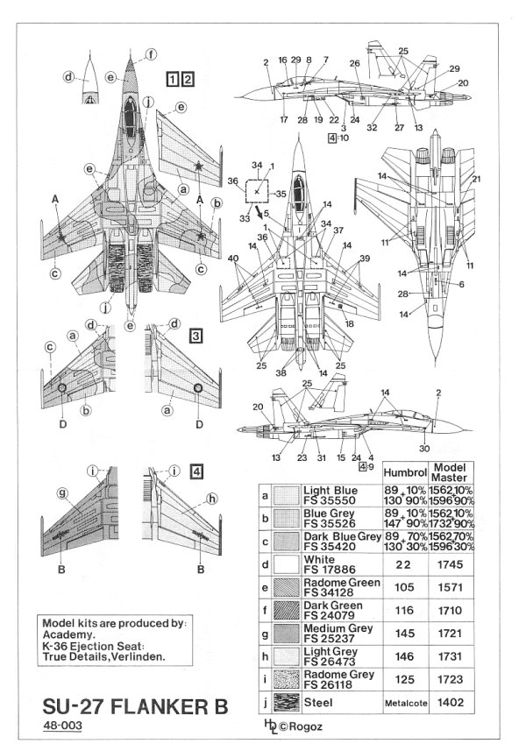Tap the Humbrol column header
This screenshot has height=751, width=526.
pyautogui.click(x=405, y=471)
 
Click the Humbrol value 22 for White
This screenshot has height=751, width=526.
pyautogui.click(x=404, y=564)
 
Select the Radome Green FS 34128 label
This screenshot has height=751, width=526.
pyautogui.click(x=340, y=587)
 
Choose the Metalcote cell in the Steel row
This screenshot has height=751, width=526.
pyautogui.click(x=404, y=703)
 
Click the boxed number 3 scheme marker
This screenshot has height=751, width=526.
pyautogui.click(x=197, y=337)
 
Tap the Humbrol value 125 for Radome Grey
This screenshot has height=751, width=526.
pyautogui.click(x=404, y=679)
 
